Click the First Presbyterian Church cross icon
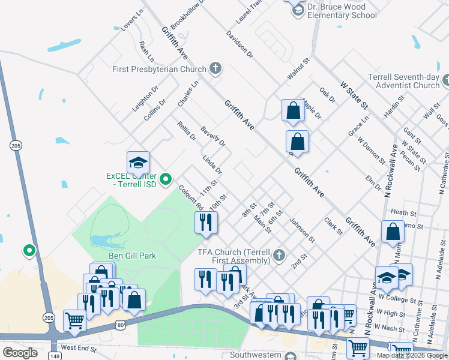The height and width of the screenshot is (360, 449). pyautogui.click(x=215, y=69)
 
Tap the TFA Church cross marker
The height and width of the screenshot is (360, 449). pyautogui.click(x=279, y=256)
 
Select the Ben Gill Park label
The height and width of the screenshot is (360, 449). pyautogui.click(x=132, y=256)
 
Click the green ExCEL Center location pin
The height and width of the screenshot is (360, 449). pyautogui.click(x=167, y=178)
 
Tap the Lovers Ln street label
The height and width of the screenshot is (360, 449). pyautogui.click(x=133, y=21)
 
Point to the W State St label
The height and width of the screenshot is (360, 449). pyautogui.click(x=354, y=95)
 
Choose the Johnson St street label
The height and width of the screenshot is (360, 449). pyautogui.click(x=303, y=230)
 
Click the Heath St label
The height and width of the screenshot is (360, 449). pyautogui.click(x=403, y=213)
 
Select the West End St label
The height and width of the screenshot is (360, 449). pyautogui.click(x=79, y=347)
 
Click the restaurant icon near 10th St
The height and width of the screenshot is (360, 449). pyautogui.click(x=206, y=222)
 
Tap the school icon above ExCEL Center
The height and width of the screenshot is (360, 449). pyautogui.click(x=138, y=163)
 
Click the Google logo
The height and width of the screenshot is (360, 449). pyautogui.click(x=20, y=353)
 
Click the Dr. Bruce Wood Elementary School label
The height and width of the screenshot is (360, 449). pyautogui.click(x=342, y=11)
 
